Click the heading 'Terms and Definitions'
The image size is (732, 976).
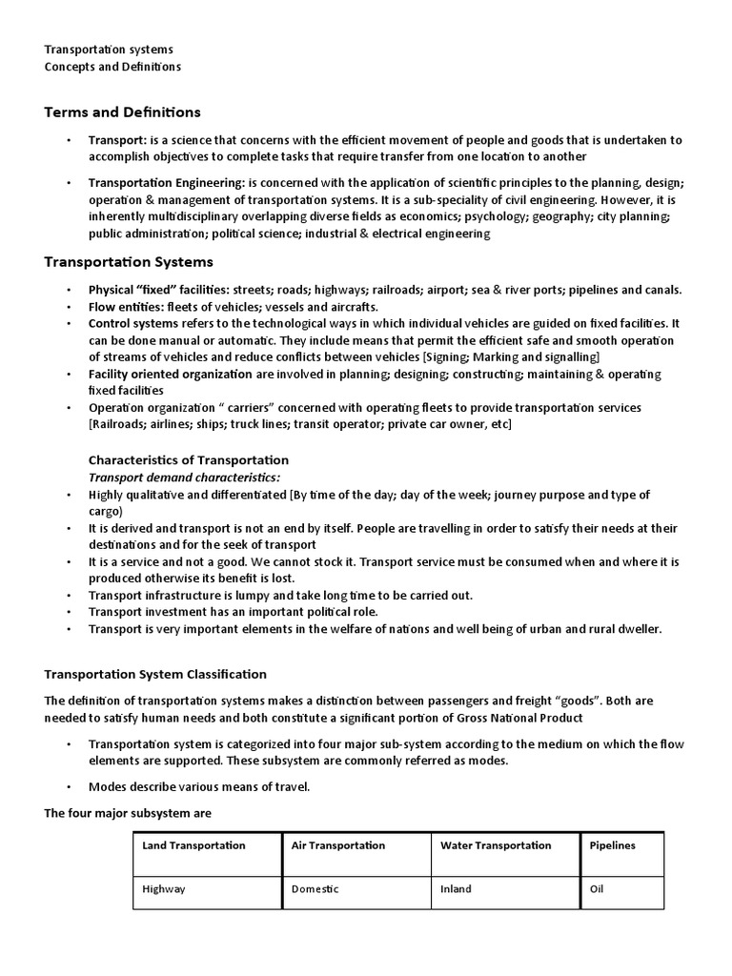coord(122,112)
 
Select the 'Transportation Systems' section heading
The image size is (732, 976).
coord(129,262)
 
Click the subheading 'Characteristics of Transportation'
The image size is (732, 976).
coord(189,460)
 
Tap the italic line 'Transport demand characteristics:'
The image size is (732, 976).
coord(185,478)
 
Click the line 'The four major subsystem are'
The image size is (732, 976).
coord(128,813)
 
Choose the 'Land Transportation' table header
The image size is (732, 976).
coord(193,845)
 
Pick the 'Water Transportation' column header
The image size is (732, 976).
coord(496,845)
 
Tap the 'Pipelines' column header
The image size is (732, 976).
coord(612,845)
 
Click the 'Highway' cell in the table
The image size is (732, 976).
coord(164,889)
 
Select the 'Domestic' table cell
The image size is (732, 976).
coord(315,889)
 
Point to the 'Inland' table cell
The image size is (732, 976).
coord(456,889)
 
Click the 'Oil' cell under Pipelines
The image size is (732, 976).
coord(597,889)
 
